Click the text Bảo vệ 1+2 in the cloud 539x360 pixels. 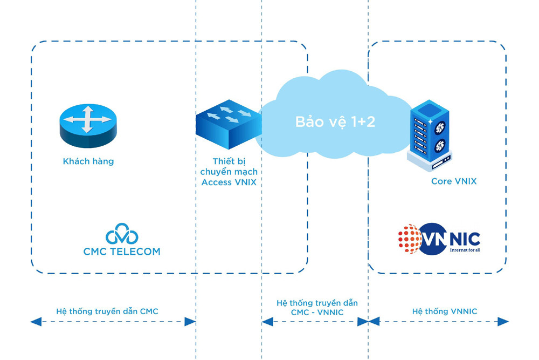(x=335, y=121)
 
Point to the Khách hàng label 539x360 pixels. (x=88, y=161)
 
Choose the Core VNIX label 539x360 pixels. (x=454, y=181)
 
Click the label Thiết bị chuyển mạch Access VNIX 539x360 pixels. (x=229, y=172)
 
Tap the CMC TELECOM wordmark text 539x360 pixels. (x=122, y=252)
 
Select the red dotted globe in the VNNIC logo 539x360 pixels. (x=410, y=239)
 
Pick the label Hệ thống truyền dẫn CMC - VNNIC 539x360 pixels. (x=317, y=307)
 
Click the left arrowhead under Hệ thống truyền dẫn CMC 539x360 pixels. (x=36, y=322)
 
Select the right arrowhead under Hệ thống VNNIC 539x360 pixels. (x=502, y=322)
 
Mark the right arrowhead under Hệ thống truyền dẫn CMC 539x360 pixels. (x=190, y=322)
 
